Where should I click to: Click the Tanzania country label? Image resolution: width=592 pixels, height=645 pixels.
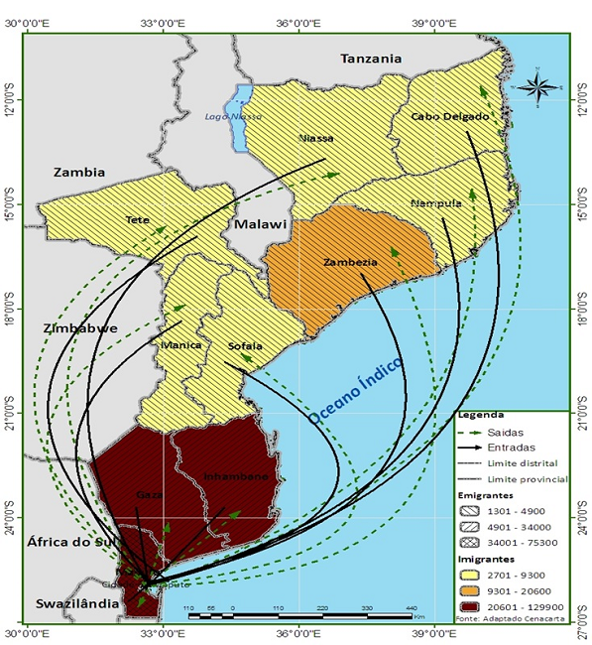(x=371, y=59)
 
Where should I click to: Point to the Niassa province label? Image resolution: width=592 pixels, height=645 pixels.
(x=315, y=138)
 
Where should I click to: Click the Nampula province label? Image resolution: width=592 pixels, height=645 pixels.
(x=435, y=203)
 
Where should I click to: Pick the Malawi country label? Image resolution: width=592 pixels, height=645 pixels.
(x=259, y=225)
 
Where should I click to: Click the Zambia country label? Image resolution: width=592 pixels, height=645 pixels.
(x=79, y=172)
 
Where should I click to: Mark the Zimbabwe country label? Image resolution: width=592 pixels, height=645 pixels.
(x=80, y=327)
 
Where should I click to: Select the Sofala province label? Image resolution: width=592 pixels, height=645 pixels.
(x=245, y=345)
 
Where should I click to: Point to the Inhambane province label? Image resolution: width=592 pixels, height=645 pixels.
(x=236, y=477)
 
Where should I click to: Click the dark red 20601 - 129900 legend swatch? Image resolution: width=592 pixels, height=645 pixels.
(x=479, y=599)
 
